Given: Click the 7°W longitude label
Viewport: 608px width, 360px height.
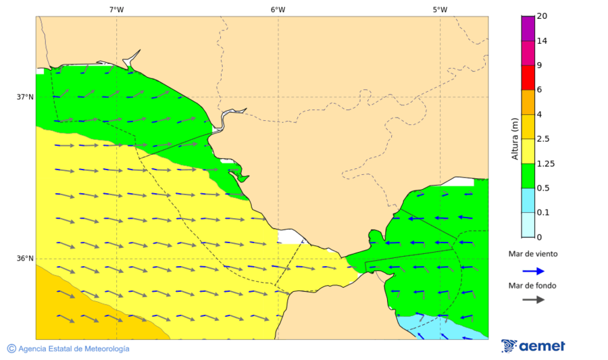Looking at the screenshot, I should [116, 9].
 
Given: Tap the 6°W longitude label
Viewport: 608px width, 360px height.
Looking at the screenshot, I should [278, 9].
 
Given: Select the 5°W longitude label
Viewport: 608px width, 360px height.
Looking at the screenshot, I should [440, 9].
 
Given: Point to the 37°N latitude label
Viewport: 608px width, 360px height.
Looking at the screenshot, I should [25, 97].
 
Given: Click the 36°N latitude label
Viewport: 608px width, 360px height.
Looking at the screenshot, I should [25, 259].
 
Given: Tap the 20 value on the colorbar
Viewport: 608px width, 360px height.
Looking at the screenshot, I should [541, 16].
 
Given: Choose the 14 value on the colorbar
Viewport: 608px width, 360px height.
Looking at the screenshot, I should [541, 41].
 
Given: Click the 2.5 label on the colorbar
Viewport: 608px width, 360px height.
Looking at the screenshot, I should [543, 139].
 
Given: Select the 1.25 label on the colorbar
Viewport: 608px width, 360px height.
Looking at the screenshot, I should [545, 163].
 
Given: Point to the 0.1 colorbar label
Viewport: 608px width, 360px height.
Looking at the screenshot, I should [543, 213].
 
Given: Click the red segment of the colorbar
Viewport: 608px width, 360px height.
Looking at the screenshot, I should [528, 78].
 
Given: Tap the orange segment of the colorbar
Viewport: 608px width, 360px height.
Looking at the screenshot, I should [528, 102].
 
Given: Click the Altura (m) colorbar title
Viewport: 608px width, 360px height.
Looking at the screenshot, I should [515, 139].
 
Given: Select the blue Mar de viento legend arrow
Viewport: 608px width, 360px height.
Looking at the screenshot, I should [533, 272].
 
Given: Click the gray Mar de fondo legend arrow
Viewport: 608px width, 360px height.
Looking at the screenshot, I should [533, 299].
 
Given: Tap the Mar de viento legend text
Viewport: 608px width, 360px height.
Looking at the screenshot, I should [533, 254].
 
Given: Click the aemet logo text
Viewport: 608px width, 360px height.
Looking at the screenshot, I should [542, 346].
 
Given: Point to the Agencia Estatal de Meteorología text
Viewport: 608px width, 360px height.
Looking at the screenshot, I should [74, 349].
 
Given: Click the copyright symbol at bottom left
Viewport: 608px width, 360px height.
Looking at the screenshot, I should [11, 349].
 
